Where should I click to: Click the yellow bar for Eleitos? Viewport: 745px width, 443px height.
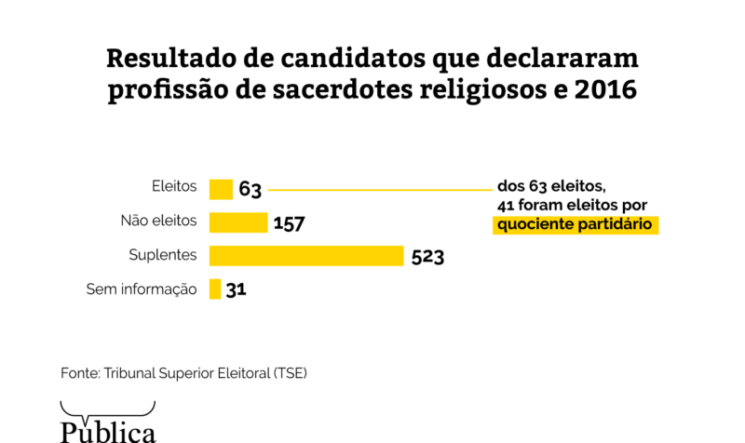click(221, 189)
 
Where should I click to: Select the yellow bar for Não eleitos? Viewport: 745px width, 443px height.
click(238, 222)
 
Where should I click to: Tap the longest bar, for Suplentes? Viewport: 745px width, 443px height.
click(306, 256)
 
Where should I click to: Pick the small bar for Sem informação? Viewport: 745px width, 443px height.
click(215, 289)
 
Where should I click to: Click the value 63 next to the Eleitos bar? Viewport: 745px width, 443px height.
click(251, 190)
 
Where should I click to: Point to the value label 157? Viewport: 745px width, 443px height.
click(290, 223)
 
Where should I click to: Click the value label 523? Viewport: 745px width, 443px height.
click(427, 257)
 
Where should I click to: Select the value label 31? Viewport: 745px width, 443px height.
click(236, 290)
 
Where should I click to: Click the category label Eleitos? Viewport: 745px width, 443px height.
click(174, 185)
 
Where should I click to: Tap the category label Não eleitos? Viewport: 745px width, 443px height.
click(158, 221)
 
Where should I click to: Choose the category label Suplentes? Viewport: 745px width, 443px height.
click(163, 254)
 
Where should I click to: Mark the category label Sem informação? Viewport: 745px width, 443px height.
click(142, 289)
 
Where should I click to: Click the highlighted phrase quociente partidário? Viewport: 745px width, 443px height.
click(576, 224)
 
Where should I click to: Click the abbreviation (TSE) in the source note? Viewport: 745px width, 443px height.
click(291, 372)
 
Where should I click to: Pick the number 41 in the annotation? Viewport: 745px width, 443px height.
click(508, 204)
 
